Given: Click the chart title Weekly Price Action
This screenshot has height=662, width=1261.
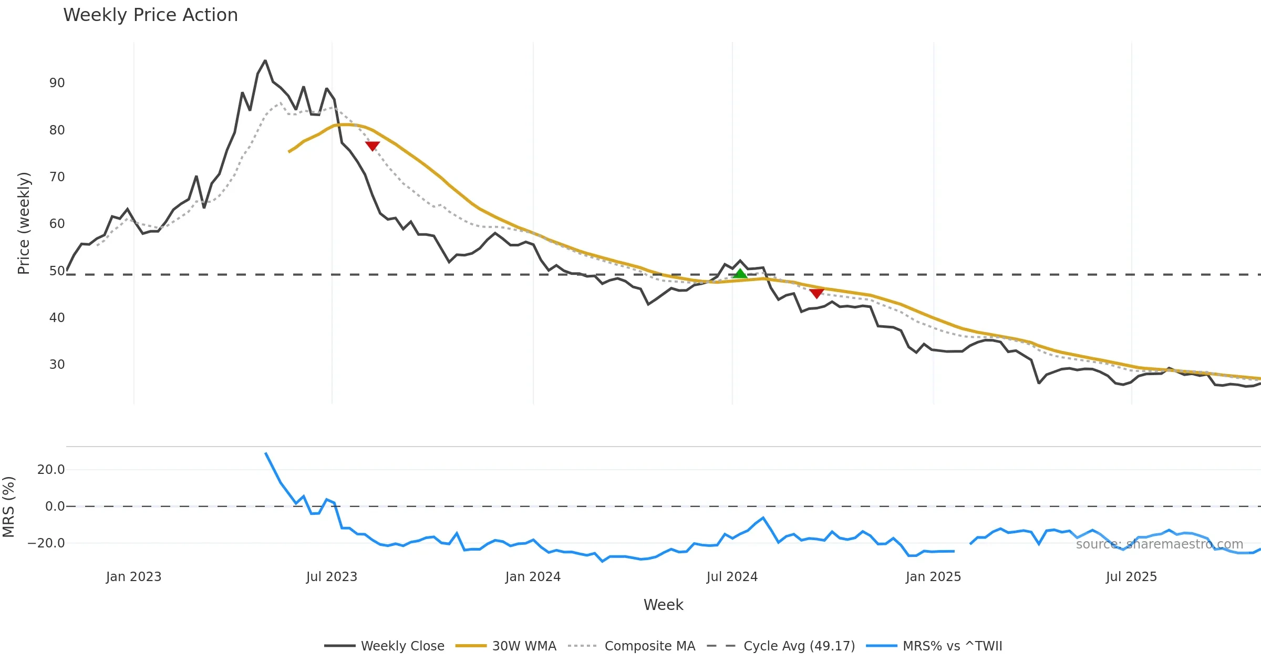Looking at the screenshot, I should tap(150, 15).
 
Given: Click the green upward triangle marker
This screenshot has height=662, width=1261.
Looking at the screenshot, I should tap(740, 274).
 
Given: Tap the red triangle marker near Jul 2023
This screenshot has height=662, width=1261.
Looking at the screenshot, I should tap(373, 146).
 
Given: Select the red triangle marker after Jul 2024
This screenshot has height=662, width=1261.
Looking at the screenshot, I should tap(816, 293).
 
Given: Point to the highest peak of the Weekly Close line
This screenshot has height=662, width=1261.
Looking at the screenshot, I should tap(265, 61).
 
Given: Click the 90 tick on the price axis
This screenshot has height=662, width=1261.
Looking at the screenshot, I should tap(57, 83).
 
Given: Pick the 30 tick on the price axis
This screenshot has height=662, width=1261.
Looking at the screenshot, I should tap(57, 365).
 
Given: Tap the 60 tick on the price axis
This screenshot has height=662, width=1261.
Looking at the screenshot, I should tap(57, 224).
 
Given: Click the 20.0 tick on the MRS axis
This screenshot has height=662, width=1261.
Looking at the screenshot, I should tap(51, 470).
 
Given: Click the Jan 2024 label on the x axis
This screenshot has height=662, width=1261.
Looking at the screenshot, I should tap(533, 577).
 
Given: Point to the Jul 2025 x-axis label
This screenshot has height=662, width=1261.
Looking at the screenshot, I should tap(1131, 577).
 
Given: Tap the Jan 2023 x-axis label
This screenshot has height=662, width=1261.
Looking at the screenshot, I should tap(133, 577).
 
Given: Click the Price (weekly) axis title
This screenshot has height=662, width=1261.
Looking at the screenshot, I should tap(24, 223).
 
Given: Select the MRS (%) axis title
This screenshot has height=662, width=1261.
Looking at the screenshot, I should tap(9, 507).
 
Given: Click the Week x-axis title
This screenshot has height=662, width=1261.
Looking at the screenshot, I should tap(663, 605).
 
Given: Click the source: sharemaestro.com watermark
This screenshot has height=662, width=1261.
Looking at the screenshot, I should tap(1159, 544).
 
